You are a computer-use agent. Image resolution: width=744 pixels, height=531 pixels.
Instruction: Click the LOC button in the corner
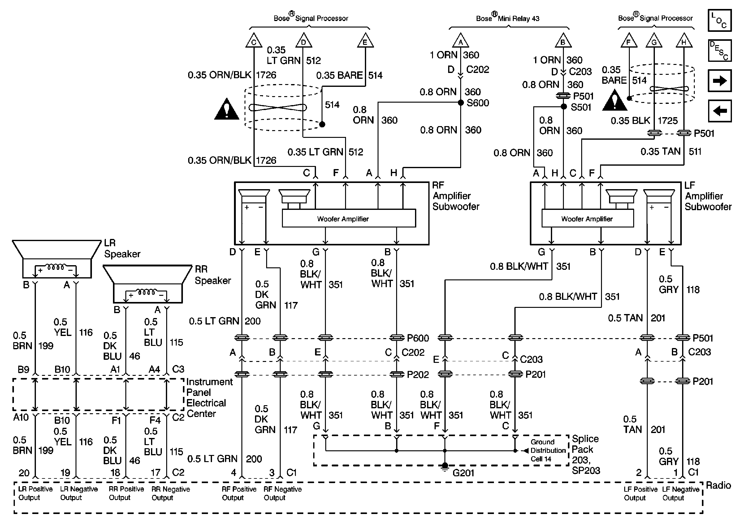(720, 20)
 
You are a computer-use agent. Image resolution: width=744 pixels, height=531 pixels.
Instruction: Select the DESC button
(720, 51)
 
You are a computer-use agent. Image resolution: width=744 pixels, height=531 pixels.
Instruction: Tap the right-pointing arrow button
(720, 80)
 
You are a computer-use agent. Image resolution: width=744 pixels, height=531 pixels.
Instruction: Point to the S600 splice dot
(461, 103)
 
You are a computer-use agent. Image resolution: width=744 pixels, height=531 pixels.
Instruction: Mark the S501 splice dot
(563, 107)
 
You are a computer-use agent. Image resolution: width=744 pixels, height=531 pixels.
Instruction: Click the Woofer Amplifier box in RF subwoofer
(349, 218)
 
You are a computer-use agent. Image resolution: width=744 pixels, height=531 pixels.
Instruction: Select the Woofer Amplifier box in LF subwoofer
(587, 218)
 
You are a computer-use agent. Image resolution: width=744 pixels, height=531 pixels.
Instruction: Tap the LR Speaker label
(122, 248)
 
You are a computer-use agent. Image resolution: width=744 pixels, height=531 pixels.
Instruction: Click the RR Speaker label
(213, 275)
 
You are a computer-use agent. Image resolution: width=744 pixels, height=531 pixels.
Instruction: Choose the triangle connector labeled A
(461, 40)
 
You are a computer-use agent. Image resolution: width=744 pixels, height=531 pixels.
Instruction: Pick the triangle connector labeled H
(684, 40)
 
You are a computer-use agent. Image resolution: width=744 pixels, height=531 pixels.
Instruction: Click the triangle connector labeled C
(254, 40)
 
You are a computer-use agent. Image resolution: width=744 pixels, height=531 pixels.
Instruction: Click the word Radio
(718, 485)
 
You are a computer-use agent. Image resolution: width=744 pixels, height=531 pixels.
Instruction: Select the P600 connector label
(418, 338)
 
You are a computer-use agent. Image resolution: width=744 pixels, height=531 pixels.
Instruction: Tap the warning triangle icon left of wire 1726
(227, 108)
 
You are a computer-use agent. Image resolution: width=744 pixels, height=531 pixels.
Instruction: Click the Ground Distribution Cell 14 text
(548, 450)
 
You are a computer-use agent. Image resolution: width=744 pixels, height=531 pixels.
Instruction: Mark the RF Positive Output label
(239, 493)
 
